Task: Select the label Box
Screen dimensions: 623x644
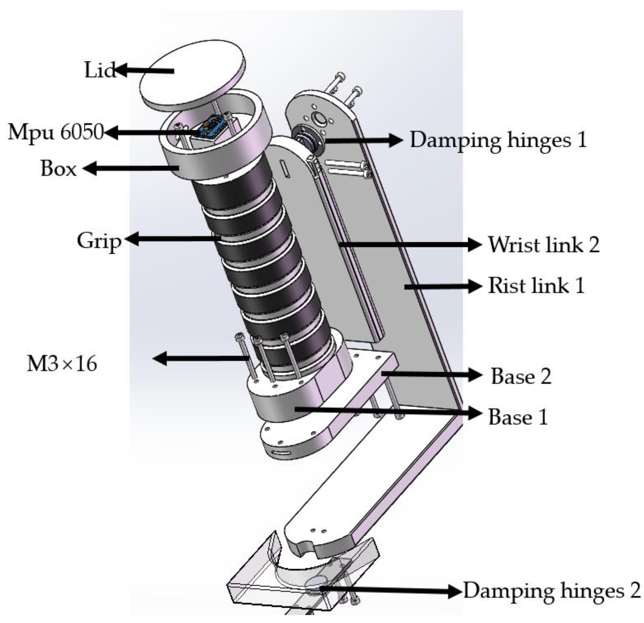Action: pos(59,169)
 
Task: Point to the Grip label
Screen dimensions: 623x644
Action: pos(99,241)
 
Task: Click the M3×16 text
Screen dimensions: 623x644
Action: pos(62,364)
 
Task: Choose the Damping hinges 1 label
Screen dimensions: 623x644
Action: pos(498,141)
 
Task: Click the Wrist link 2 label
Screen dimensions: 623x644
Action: pos(543,245)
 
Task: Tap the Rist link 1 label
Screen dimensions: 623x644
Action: pos(536,286)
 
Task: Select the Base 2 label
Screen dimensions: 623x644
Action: pos(521,376)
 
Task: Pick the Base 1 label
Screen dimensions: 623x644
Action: pos(518,417)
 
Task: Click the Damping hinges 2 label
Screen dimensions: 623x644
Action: pos(552,590)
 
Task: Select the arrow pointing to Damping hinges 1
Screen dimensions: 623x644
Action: pos(364,140)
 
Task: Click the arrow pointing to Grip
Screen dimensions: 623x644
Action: pos(173,239)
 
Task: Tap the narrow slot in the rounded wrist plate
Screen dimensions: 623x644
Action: pos(286,169)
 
